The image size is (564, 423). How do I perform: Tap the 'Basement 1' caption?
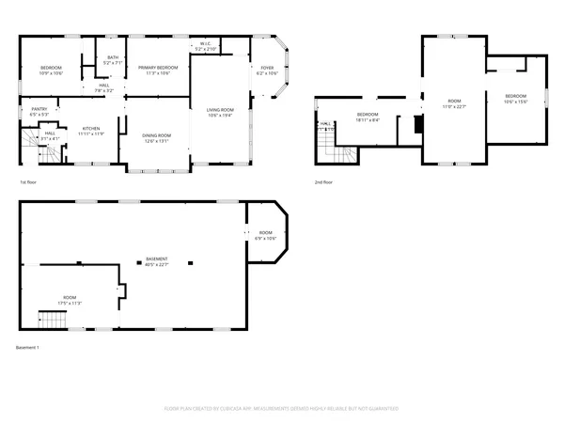pos(28,348)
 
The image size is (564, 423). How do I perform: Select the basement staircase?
pos(54,320)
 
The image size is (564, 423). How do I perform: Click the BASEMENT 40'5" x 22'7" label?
pos(156,262)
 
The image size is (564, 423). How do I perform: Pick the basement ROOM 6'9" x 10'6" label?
pos(266,235)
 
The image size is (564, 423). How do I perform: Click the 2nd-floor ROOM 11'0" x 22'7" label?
pos(455,103)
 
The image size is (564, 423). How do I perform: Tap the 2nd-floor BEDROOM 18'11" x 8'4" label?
pos(368,117)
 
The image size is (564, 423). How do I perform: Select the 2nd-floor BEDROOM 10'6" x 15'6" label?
pos(516,99)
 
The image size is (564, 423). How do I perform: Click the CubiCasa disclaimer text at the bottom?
pos(282,409)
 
